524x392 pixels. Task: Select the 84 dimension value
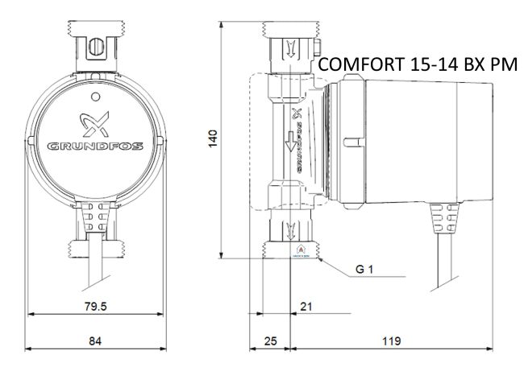[x=95, y=340]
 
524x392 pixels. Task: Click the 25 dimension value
[x=271, y=340]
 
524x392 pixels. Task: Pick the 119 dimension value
[x=391, y=340]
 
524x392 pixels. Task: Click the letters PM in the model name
[x=501, y=65]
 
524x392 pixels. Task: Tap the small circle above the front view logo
[x=97, y=97]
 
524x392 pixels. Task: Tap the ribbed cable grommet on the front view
[x=96, y=216]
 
